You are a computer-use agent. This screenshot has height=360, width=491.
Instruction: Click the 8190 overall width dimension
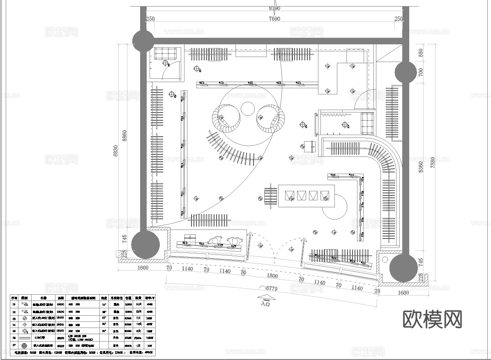[274, 8]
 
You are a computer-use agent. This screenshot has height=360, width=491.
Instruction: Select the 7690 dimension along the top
[274, 18]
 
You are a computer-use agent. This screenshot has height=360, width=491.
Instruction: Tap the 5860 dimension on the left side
[125, 135]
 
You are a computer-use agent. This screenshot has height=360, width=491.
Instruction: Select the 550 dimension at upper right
[420, 53]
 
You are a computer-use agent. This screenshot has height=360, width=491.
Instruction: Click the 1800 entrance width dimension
[272, 276]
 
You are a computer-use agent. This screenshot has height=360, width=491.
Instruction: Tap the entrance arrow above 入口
[265, 298]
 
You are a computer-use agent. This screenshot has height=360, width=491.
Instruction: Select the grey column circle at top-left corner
[143, 40]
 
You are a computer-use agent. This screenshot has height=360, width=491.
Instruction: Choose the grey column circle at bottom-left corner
[145, 244]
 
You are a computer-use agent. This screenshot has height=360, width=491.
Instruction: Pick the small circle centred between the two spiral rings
[248, 109]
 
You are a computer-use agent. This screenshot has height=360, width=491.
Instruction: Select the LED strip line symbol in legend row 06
[24, 337]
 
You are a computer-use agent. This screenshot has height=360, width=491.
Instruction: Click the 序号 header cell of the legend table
[14, 298]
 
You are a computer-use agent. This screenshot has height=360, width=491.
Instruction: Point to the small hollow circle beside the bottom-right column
[385, 259]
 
